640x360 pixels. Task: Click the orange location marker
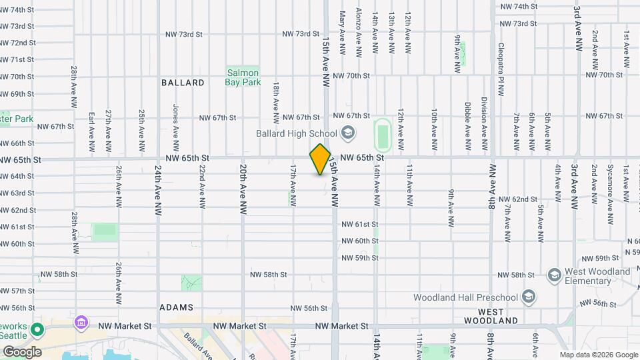tap(321, 159)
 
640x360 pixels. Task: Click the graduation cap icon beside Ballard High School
tap(347, 133)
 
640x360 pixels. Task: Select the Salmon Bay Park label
tap(243, 78)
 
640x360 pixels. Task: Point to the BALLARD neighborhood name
tap(183, 83)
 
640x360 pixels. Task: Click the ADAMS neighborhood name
tap(176, 308)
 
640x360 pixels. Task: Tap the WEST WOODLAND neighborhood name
tap(497, 316)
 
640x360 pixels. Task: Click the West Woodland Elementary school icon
tap(554, 275)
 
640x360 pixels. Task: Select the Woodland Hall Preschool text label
tap(466, 297)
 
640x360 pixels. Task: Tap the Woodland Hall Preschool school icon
tap(529, 297)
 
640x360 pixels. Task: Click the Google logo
tap(22, 351)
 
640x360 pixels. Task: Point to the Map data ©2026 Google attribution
tap(598, 355)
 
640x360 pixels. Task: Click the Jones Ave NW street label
tap(176, 123)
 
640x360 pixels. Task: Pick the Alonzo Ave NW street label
tap(359, 32)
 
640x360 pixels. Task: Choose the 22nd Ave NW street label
tap(201, 187)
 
